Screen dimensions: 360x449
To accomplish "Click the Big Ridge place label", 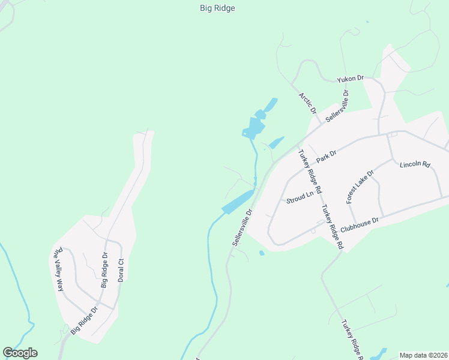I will (217, 8).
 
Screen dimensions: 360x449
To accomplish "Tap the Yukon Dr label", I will (351, 79).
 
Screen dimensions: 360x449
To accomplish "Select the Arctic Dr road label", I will (307, 103).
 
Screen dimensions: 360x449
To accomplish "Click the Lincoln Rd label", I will (415, 164).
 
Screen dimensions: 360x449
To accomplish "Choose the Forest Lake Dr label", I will (360, 187).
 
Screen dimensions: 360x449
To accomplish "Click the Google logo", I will (20, 353).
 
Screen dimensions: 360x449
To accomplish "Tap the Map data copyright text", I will (423, 355).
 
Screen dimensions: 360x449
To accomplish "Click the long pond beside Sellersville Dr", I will (238, 201).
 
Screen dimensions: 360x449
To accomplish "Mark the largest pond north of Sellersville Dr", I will (253, 127).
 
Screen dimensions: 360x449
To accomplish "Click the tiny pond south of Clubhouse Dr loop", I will (262, 253).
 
